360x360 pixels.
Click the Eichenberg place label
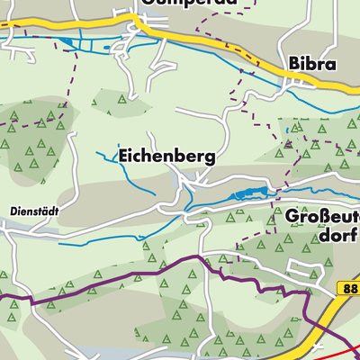coord(166,156)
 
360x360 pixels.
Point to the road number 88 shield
coord(349,287)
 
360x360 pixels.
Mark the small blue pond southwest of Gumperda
coord(66,41)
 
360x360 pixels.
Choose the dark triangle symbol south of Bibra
coord(288,142)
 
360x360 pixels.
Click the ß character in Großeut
coord(323,218)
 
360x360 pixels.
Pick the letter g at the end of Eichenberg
coord(210,157)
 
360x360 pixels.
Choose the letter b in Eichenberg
coord(177,156)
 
